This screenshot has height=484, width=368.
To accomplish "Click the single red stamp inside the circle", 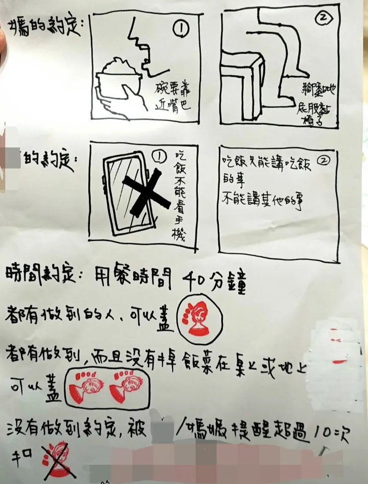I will (197, 317).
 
